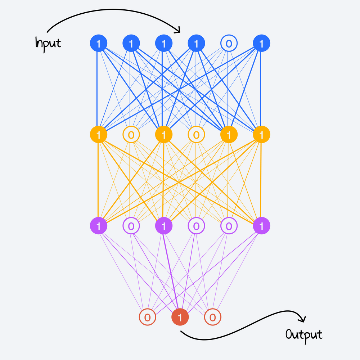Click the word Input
[48, 43]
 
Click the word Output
[304, 335]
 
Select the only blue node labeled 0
[229, 44]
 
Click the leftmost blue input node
[98, 44]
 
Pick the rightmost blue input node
[261, 44]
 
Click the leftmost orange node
[98, 135]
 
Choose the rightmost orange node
[261, 135]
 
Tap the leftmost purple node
[98, 226]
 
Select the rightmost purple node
[261, 226]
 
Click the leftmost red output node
[147, 317]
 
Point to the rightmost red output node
[212, 317]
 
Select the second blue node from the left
[131, 44]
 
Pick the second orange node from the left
[131, 135]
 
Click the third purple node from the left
[163, 226]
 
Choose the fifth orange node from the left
[229, 135]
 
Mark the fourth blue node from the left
[196, 44]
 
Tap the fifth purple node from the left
[229, 226]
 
